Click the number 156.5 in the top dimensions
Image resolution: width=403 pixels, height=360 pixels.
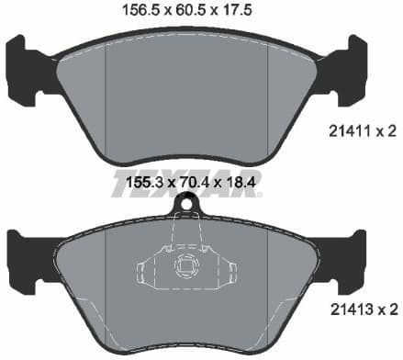(141, 13)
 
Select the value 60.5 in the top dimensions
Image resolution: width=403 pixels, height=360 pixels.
(196, 13)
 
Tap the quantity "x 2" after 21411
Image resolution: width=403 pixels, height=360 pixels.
(386, 132)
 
